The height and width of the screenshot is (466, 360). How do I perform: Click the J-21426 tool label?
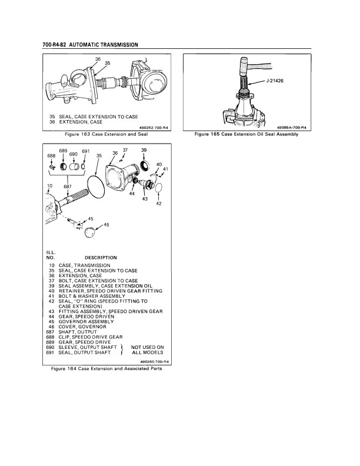(x=274, y=81)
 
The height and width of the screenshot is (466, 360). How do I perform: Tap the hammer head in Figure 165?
(x=244, y=65)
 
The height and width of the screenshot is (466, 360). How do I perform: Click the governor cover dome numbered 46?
(x=90, y=232)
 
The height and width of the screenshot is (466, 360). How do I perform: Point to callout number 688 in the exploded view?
(x=51, y=156)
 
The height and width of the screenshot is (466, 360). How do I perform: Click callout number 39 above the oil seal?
(x=144, y=150)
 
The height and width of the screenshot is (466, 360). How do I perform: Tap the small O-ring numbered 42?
(x=159, y=188)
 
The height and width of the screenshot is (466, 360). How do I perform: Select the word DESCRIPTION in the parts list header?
(x=101, y=258)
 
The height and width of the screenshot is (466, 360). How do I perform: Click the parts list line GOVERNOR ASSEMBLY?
(x=86, y=322)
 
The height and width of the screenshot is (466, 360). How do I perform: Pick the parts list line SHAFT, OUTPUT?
(x=78, y=332)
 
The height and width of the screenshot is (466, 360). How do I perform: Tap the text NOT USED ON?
(x=147, y=347)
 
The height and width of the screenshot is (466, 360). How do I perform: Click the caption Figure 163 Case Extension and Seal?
(x=106, y=134)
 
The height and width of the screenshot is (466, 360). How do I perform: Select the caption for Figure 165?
(x=246, y=134)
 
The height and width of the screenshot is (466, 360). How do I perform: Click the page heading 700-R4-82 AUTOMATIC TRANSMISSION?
(x=91, y=45)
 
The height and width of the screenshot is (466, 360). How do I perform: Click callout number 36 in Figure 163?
(x=98, y=59)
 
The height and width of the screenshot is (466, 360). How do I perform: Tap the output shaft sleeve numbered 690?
(x=74, y=166)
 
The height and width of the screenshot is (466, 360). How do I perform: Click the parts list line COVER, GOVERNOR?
(x=82, y=327)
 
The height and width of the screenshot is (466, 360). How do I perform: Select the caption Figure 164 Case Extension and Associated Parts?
(x=106, y=369)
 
